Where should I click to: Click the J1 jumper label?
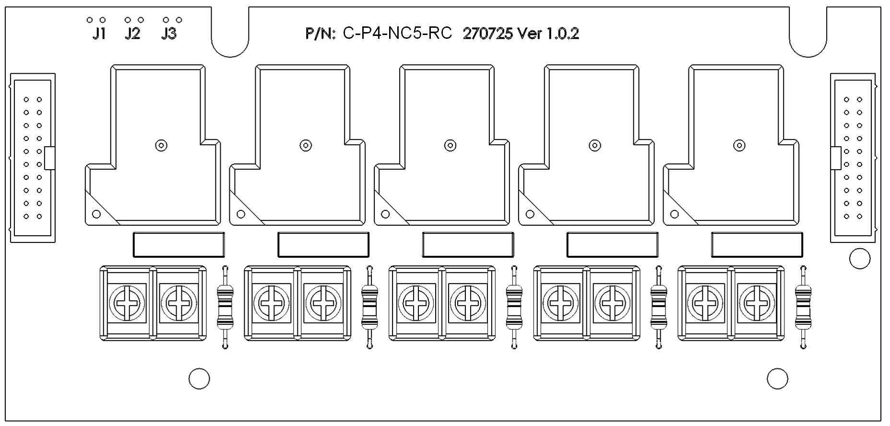click(x=99, y=34)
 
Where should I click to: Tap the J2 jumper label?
click(x=132, y=34)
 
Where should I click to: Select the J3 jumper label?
click(x=169, y=34)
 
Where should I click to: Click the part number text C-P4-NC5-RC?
click(x=397, y=34)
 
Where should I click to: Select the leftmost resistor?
click(x=225, y=307)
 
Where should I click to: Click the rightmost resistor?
click(x=803, y=307)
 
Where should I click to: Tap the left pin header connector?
click(x=33, y=158)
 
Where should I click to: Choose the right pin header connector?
click(x=853, y=158)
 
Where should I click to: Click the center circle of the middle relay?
click(x=450, y=145)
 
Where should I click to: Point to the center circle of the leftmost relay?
click(x=161, y=145)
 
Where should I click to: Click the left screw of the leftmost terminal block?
click(x=127, y=303)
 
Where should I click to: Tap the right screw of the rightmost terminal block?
click(x=757, y=303)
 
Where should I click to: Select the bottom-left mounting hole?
click(x=199, y=379)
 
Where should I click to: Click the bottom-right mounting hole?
click(x=777, y=379)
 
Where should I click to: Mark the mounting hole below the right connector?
click(x=859, y=259)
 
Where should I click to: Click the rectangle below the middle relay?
click(x=468, y=245)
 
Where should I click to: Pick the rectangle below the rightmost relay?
click(x=757, y=245)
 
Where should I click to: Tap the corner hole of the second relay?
click(x=241, y=214)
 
